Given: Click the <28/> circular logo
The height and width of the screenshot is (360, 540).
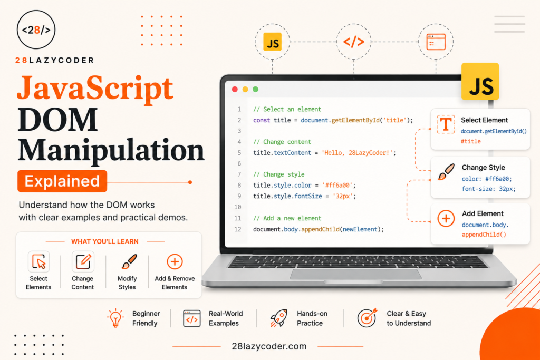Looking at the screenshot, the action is click(36, 30).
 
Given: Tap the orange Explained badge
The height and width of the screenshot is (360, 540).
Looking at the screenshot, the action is click(62, 181).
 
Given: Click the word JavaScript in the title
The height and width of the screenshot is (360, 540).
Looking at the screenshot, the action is click(95, 88).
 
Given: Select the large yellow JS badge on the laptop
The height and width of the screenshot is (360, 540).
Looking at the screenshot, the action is click(480, 82).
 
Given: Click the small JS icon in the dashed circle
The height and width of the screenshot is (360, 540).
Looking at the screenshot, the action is click(273, 42).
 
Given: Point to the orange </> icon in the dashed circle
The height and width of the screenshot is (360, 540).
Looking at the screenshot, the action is click(354, 42).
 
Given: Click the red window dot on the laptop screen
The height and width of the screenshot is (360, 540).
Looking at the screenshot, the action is click(235, 90).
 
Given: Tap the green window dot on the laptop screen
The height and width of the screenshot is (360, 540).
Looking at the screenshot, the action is click(256, 90).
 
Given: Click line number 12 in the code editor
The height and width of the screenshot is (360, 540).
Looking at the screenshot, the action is click(238, 229).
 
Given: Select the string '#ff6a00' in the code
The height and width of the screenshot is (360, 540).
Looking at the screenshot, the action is click(337, 185).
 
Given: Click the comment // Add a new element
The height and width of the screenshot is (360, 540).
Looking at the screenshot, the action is click(287, 218).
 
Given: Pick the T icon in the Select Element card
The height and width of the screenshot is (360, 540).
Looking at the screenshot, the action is click(446, 124).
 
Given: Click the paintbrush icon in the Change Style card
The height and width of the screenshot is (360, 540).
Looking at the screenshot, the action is click(446, 172).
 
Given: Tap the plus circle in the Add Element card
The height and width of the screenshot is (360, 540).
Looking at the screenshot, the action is click(446, 219).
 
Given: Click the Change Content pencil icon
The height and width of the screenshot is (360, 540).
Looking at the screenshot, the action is click(83, 261).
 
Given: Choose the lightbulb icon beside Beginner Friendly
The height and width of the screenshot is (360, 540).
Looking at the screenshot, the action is click(115, 317).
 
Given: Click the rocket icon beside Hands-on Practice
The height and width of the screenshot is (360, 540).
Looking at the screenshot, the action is click(278, 318).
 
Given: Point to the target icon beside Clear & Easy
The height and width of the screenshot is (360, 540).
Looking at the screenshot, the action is click(367, 317).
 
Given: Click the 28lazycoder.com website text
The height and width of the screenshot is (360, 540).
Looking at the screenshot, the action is click(269, 346).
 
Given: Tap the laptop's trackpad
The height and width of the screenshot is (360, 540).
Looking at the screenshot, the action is click(356, 274).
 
